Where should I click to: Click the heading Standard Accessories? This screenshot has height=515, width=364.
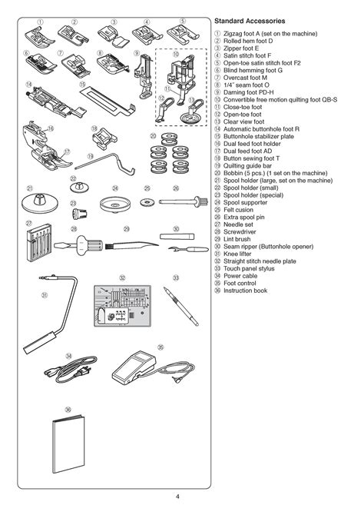click(250, 22)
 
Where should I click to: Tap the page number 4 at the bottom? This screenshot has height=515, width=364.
click(177, 493)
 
